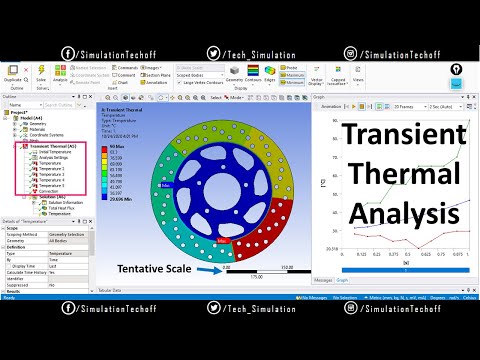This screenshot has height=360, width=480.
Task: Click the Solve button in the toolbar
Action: click(41, 75)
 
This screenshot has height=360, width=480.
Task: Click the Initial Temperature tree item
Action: click(54, 152)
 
